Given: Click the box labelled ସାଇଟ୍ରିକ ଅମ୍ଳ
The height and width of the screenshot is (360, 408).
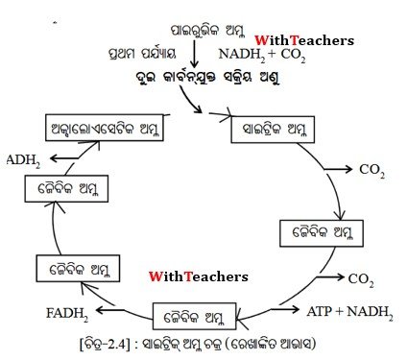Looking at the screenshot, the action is tap(273, 130).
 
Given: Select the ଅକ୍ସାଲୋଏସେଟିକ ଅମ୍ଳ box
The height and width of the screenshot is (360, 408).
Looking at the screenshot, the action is tap(105, 128).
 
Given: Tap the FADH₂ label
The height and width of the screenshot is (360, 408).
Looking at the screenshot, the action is tap(67, 314).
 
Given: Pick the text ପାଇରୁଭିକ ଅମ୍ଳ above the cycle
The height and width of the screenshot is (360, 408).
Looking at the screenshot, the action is tap(207, 31).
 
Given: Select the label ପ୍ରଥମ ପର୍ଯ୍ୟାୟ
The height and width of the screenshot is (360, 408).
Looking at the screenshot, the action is tap(142, 53).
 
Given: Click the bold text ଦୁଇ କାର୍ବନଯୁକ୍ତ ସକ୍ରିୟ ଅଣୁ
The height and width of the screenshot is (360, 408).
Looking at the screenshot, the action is tap(207, 78).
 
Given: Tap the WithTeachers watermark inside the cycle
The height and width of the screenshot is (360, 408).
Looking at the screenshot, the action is tap(199, 276).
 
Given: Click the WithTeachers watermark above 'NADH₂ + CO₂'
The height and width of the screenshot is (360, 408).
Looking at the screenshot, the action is tap(304, 40).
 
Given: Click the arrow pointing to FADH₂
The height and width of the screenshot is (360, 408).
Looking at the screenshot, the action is tap(110, 310).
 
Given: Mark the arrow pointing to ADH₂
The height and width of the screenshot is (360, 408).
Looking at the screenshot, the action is tap(64, 158).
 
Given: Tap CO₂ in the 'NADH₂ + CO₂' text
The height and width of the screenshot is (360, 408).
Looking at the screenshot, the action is tap(293, 55).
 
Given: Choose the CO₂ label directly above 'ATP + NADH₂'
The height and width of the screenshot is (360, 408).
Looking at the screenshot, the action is tap(361, 280).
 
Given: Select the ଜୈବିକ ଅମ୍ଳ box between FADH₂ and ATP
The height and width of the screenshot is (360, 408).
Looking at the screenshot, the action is tap(195, 317).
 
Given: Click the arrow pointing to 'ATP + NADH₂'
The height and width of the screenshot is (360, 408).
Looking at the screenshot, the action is tap(285, 309).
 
